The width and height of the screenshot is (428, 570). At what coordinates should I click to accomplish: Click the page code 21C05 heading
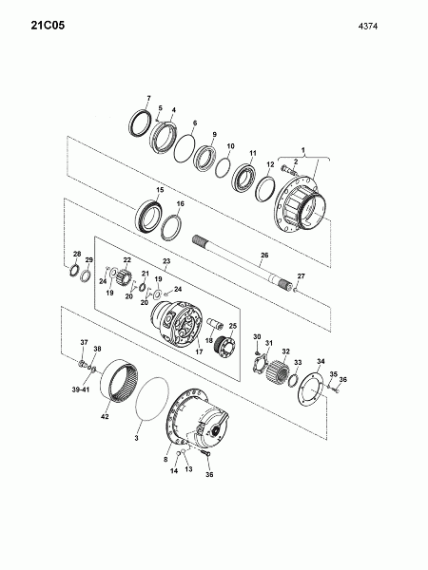point(48,26)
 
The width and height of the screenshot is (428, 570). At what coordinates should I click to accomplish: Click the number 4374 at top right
point(368,27)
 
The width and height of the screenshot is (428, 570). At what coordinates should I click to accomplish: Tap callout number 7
point(148,98)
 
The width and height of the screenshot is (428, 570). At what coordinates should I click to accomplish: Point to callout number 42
point(105,417)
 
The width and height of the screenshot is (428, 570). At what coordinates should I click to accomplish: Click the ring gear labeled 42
point(120,381)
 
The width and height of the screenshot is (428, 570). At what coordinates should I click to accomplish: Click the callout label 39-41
point(81,389)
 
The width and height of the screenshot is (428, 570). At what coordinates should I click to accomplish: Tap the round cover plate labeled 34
point(310,389)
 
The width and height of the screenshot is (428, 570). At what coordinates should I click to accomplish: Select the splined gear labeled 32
point(278,370)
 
